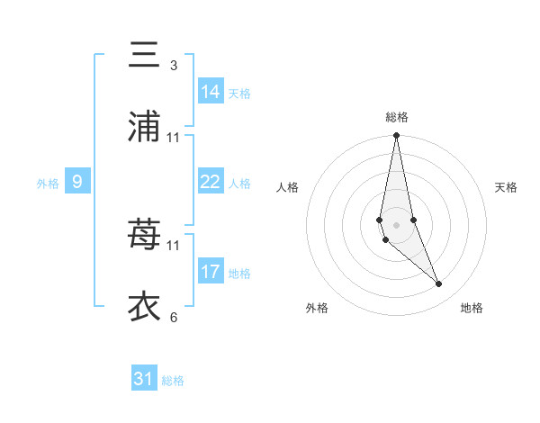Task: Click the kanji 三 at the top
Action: click(x=144, y=56)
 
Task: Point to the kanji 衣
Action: click(x=144, y=306)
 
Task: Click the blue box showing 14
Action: click(x=211, y=92)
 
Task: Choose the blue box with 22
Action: click(x=211, y=182)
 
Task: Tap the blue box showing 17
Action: click(x=211, y=271)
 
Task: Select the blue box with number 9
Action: click(x=77, y=182)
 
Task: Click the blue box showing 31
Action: click(x=144, y=379)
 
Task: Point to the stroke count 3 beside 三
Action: click(x=173, y=66)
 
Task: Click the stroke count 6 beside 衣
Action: click(x=173, y=317)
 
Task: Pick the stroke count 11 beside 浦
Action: click(x=174, y=138)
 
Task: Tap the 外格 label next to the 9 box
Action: click(x=48, y=184)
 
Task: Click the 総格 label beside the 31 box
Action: click(x=173, y=381)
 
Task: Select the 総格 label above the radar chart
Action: click(x=397, y=117)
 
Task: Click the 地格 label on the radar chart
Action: click(x=472, y=308)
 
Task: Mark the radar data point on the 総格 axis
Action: click(x=397, y=136)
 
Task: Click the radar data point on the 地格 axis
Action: click(x=439, y=284)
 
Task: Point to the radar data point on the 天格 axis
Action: click(x=413, y=220)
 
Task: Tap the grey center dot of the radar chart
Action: click(x=397, y=223)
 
